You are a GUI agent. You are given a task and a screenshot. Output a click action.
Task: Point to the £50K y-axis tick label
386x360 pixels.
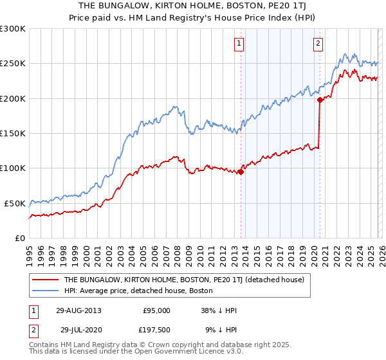15,203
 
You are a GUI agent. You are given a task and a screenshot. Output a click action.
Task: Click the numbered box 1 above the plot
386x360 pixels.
239,44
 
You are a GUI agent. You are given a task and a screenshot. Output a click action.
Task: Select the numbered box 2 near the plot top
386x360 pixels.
318,44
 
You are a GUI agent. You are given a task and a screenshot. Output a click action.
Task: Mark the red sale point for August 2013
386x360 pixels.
241,172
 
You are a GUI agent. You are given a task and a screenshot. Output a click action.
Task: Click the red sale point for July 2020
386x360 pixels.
320,100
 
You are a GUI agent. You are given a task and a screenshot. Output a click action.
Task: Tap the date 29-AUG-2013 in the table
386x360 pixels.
78,310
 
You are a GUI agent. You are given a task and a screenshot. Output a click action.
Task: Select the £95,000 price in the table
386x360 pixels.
156,310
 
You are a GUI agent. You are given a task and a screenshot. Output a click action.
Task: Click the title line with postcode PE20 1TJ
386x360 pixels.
193,6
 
